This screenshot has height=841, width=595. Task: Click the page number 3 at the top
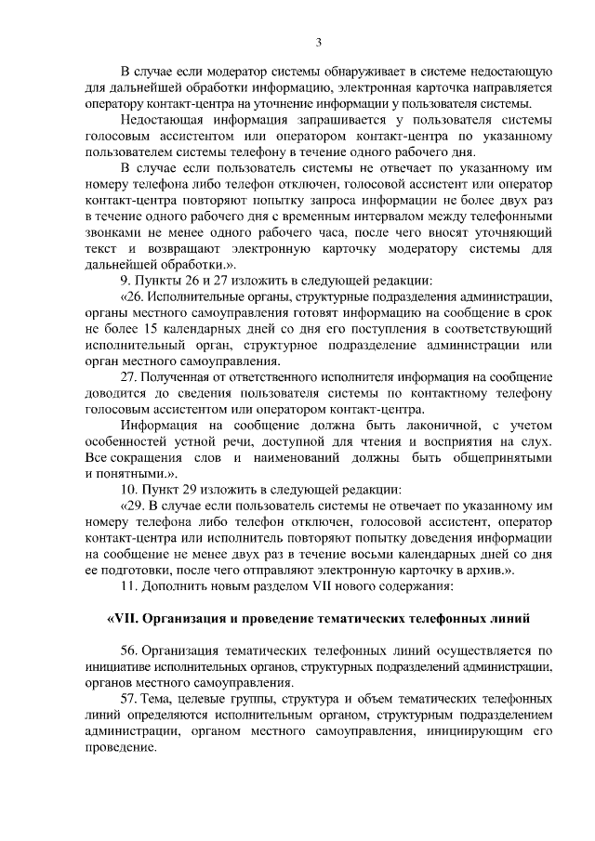318,42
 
